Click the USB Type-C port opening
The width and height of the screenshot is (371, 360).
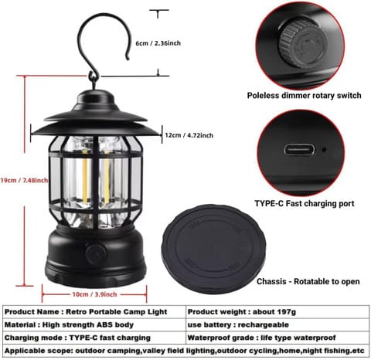point(298,148)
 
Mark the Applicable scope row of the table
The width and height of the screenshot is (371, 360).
point(185,352)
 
